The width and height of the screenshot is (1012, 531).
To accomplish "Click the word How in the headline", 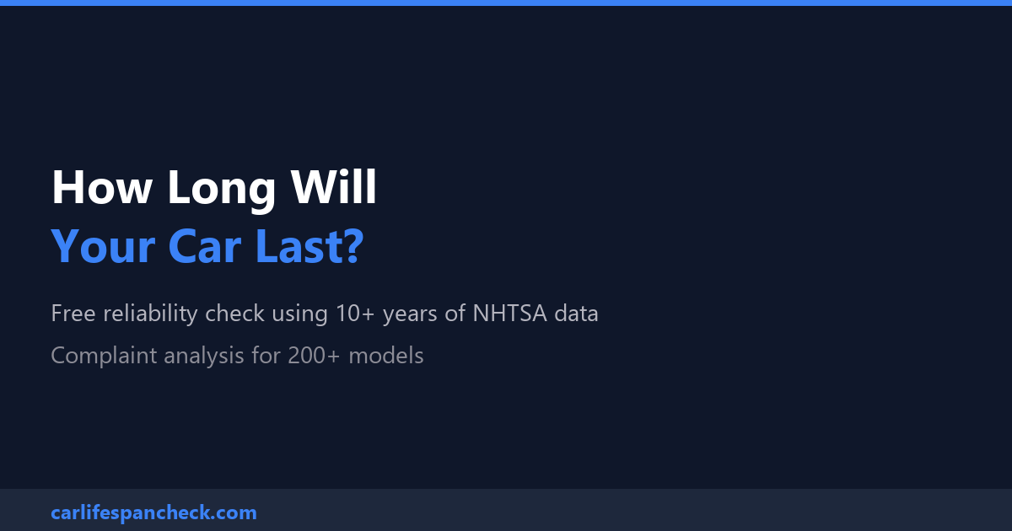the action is tap(102, 187).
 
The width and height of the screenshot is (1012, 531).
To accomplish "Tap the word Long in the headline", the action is tap(221, 191).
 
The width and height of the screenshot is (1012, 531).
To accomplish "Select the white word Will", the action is tap(333, 186).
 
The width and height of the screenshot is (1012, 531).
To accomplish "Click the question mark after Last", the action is tap(353, 245).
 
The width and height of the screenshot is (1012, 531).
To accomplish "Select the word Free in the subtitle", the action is tap(73, 313).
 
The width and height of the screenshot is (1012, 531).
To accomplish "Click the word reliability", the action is tap(150, 314).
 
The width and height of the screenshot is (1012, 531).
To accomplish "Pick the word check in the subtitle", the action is tap(234, 313).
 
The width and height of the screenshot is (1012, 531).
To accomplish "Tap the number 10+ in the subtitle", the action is tap(355, 313).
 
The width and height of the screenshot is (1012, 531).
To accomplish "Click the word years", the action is tap(410, 315).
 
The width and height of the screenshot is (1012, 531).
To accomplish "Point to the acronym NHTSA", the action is tap(509, 313).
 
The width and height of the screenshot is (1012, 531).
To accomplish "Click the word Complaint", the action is tap(104, 356).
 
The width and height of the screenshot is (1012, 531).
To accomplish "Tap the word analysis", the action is tap(204, 357).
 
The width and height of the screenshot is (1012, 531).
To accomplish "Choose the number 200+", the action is tap(314, 356).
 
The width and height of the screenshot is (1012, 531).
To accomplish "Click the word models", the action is tap(386, 355).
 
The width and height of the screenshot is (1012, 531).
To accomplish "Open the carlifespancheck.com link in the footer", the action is tap(154, 513).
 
